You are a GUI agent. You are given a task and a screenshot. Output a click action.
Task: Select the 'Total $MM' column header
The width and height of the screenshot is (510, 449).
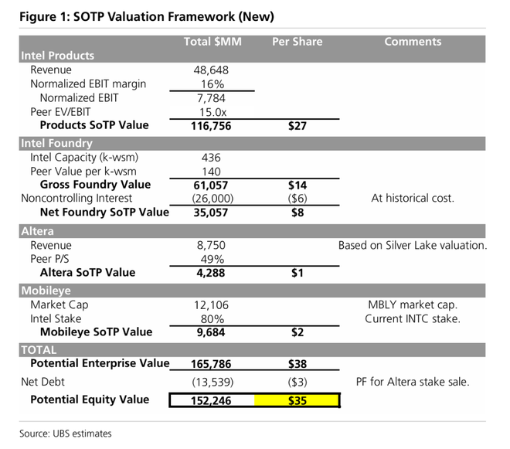click(212, 42)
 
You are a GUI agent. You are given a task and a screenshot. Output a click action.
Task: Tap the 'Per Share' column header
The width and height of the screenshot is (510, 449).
click(297, 42)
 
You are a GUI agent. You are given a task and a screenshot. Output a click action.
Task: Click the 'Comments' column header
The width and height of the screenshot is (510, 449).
click(413, 42)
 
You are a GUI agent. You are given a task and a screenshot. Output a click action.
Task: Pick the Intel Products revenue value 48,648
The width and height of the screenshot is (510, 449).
click(211, 70)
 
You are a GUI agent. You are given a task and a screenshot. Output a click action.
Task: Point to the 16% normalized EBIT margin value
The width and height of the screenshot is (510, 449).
click(211, 83)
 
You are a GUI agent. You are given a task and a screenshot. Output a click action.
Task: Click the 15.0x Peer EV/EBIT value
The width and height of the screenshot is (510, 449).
click(211, 111)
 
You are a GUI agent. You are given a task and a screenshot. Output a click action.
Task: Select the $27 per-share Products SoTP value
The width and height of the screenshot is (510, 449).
click(297, 125)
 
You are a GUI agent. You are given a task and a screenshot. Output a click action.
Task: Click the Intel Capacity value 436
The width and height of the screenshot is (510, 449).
click(211, 157)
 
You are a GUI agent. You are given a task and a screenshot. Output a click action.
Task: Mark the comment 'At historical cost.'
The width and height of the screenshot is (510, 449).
click(413, 199)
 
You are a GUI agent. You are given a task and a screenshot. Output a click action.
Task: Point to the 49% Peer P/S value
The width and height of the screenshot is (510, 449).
click(211, 259)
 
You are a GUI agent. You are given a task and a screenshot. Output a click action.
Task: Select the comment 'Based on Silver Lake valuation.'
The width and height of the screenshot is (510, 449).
click(413, 245)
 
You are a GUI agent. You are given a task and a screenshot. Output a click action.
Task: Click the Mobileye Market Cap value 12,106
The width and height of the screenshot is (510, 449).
click(211, 304)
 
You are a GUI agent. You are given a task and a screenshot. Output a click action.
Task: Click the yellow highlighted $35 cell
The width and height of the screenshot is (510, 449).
click(297, 400)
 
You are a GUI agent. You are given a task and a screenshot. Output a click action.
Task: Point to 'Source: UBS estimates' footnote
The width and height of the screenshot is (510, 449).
click(66, 434)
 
